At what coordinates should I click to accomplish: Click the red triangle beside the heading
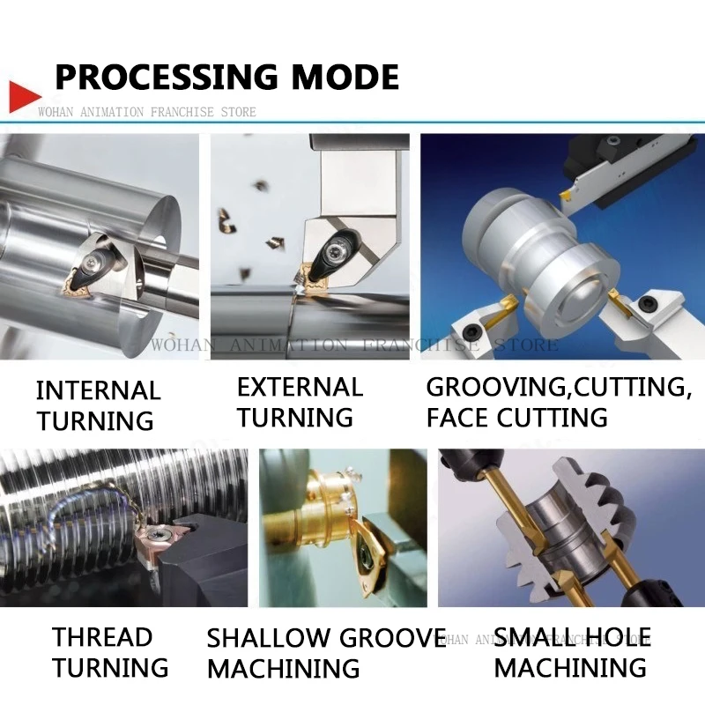(x=23, y=97)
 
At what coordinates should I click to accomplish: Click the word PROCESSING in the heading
(x=167, y=77)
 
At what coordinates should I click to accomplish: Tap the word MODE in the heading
(x=345, y=77)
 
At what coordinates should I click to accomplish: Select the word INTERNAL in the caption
(x=98, y=390)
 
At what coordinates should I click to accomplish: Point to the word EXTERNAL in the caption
(x=300, y=387)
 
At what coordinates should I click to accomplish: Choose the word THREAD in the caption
(x=102, y=637)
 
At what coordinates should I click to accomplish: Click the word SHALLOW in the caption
(x=268, y=637)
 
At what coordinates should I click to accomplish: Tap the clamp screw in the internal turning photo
(x=93, y=260)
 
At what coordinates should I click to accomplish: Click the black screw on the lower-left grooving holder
(x=473, y=332)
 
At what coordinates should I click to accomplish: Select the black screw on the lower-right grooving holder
(x=648, y=302)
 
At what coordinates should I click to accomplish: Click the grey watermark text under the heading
(x=147, y=112)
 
